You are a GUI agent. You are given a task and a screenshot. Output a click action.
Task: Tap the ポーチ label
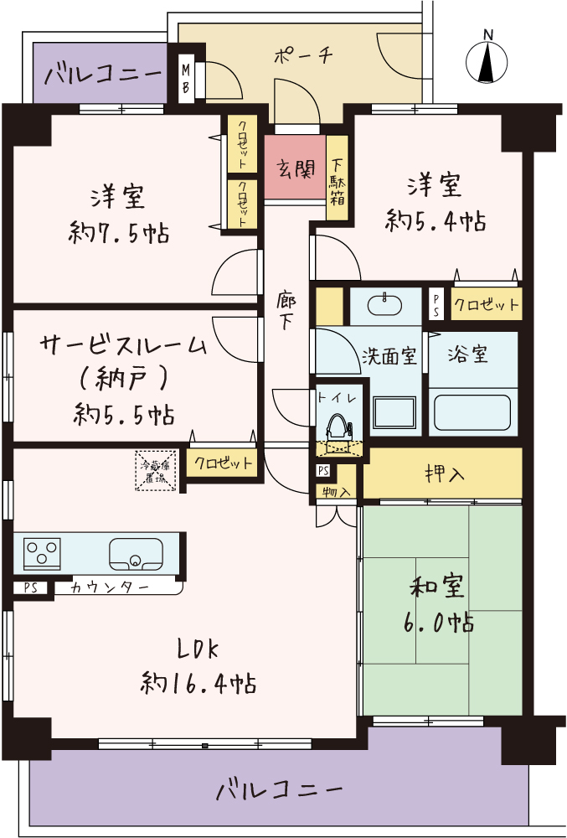[x=304, y=56]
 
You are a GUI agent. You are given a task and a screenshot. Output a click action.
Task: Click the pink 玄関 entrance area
[x=295, y=168]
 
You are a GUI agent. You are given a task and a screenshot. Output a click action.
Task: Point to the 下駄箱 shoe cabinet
[x=338, y=178]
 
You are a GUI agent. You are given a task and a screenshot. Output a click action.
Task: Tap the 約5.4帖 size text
[x=436, y=220]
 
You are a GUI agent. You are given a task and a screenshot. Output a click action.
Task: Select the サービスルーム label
[x=123, y=344]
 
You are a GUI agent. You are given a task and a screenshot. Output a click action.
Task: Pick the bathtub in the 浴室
[x=472, y=411]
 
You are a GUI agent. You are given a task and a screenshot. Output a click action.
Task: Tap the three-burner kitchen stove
[x=43, y=552]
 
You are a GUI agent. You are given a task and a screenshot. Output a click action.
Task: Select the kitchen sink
[x=135, y=554]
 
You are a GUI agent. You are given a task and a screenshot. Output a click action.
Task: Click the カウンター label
[x=110, y=587]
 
